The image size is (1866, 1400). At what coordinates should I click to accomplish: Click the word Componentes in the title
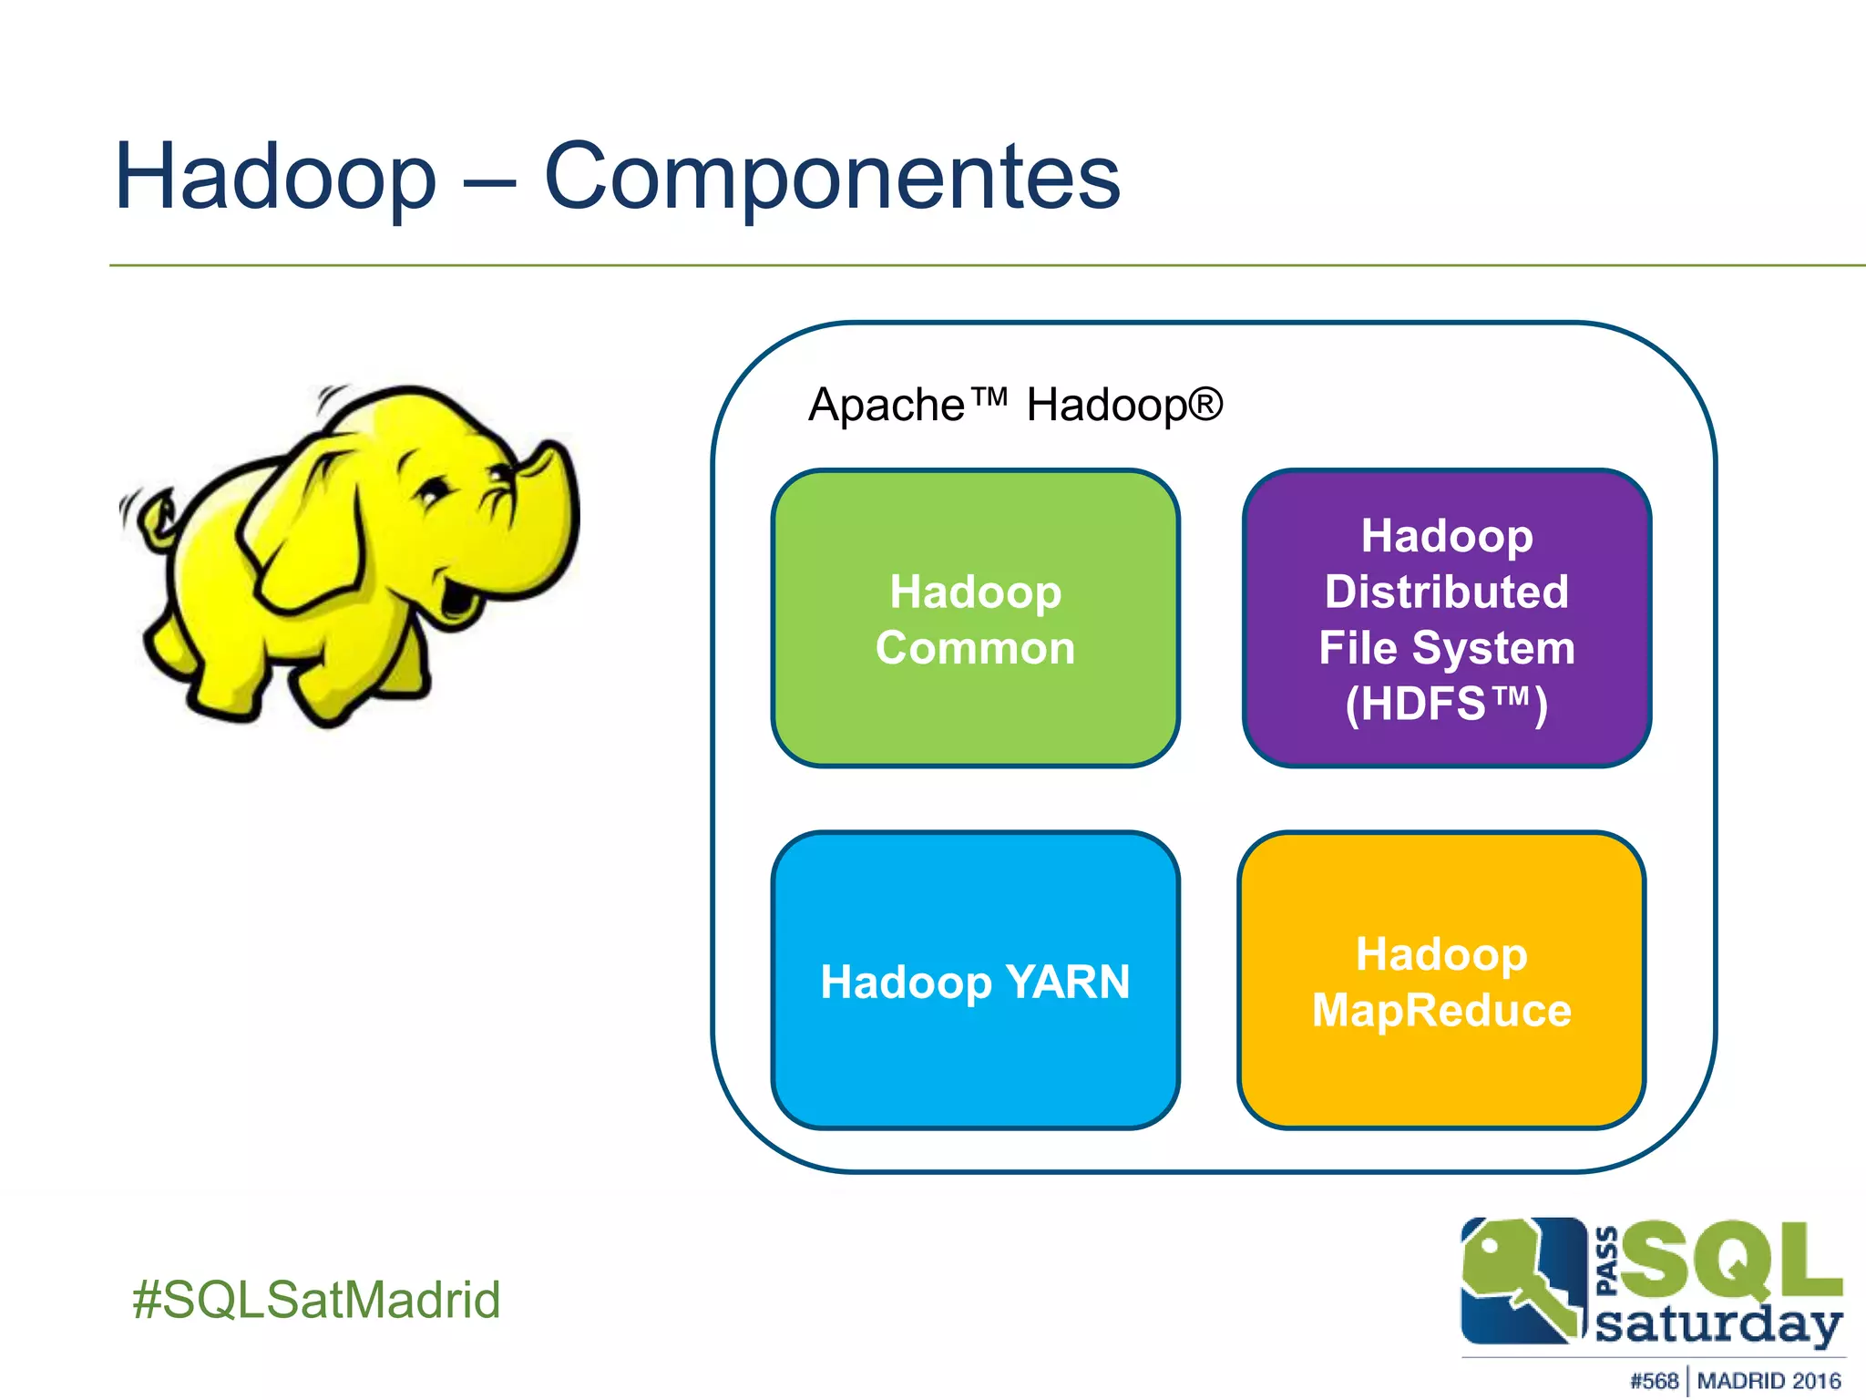click(831, 178)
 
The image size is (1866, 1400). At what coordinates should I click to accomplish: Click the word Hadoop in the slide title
click(275, 178)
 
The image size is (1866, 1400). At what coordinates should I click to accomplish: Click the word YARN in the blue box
click(1068, 983)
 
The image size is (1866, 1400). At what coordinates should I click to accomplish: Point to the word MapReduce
click(1441, 1011)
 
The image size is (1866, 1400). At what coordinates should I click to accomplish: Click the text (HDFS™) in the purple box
click(1447, 705)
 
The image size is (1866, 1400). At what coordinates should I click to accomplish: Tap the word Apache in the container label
click(886, 405)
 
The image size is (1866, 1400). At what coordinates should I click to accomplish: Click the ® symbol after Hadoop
click(1205, 403)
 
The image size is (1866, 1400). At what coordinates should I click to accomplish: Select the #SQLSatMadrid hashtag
click(316, 1300)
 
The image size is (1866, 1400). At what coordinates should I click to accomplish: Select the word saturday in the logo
click(1717, 1323)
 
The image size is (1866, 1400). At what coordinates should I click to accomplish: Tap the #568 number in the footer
click(1654, 1381)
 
